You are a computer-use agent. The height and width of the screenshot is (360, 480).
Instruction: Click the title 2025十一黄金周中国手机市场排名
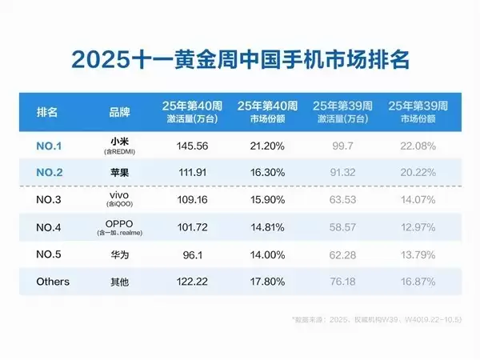point(239,60)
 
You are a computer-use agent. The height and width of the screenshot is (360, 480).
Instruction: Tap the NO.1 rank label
point(50,146)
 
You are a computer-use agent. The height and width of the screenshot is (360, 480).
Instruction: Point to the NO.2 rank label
point(50,170)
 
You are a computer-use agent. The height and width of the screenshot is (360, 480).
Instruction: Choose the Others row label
point(53,282)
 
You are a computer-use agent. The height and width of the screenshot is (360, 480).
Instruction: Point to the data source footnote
point(374,318)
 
